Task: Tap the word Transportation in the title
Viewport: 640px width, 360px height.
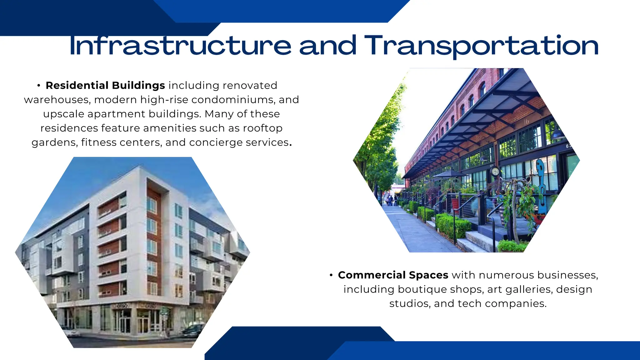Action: point(481,46)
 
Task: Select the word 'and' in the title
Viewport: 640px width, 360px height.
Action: point(328,46)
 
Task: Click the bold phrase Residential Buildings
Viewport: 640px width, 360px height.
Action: point(105,85)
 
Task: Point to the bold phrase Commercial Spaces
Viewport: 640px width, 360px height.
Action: point(393,275)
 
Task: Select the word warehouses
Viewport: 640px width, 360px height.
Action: point(57,100)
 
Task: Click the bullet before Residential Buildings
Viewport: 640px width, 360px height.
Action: point(39,86)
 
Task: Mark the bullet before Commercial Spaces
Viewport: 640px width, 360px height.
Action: point(331,275)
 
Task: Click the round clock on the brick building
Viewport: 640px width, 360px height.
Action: point(495,171)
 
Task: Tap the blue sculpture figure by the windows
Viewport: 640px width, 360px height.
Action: point(541,181)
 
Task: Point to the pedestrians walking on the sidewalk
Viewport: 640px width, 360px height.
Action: point(391,200)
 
